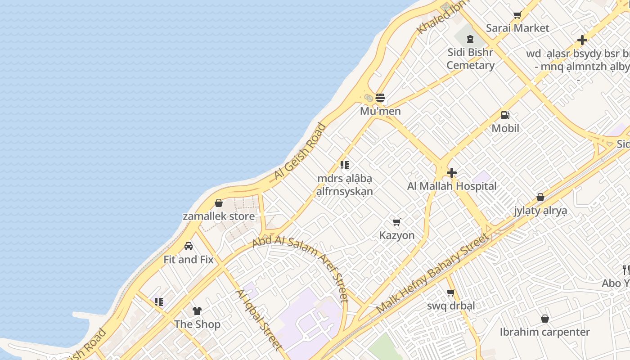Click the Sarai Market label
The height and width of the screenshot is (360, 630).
click(517, 28)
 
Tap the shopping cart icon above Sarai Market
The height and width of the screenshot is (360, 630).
click(517, 15)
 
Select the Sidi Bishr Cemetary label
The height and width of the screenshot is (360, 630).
click(470, 58)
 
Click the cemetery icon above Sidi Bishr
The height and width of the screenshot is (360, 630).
click(470, 40)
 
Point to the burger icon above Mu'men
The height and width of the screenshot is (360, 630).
click(380, 98)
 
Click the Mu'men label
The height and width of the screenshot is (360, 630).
click(380, 111)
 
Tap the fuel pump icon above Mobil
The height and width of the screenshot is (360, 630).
click(505, 115)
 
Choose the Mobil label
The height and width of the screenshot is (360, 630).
click(505, 128)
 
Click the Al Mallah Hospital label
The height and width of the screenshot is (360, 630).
click(452, 186)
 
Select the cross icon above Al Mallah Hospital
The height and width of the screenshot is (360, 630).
click(452, 173)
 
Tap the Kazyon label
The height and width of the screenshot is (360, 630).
click(397, 235)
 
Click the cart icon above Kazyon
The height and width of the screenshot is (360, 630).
click(397, 222)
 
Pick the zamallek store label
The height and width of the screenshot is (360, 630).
click(219, 216)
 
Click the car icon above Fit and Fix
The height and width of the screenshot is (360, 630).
click(189, 246)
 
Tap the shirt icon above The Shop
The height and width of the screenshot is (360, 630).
click(197, 310)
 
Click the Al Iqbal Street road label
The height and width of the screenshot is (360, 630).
click(259, 319)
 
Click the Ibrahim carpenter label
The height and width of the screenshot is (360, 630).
click(544, 332)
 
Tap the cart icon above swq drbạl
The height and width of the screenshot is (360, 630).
click(451, 293)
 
